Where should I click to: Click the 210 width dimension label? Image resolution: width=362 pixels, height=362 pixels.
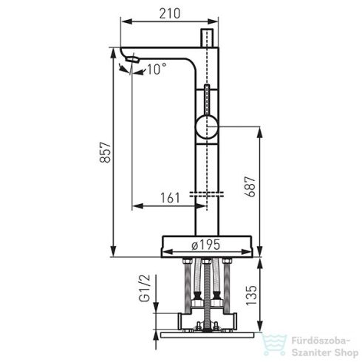tap(169, 13)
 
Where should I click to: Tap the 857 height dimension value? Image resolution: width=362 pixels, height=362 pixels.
tap(106, 152)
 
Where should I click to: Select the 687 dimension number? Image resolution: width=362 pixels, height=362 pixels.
tap(250, 186)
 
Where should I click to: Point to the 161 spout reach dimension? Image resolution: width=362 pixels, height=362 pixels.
tap(170, 198)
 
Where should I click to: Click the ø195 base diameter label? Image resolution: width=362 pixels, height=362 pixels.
tap(205, 245)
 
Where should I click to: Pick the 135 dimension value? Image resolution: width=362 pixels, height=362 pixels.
tap(251, 296)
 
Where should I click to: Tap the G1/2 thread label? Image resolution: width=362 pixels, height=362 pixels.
tap(144, 288)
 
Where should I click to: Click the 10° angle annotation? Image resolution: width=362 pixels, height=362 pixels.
tap(157, 69)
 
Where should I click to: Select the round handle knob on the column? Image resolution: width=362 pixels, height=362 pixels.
tap(207, 126)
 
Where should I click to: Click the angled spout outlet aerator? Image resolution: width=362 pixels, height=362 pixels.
tap(132, 59)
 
